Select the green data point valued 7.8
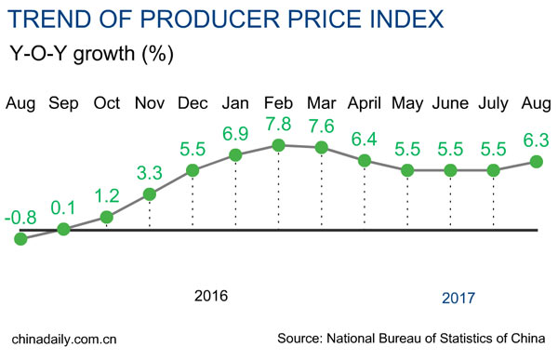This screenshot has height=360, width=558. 278,145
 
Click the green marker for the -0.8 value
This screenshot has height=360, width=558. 20,239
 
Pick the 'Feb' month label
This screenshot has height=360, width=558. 278,102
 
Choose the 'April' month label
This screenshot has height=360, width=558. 365,102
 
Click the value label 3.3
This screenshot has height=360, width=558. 149,174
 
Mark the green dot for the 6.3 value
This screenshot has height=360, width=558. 538,161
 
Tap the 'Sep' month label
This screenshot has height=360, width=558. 63,102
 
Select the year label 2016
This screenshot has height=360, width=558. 211,297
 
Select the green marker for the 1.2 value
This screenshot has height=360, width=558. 106,218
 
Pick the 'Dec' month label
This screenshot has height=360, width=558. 193,102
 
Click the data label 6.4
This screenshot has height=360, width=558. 365,140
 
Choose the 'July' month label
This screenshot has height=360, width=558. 494,102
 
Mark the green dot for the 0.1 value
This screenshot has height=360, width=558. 63,229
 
